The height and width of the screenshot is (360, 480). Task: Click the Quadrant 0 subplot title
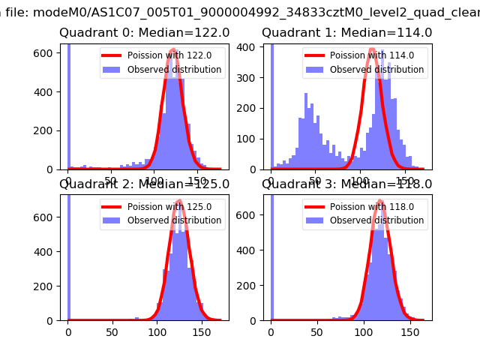click(145, 33)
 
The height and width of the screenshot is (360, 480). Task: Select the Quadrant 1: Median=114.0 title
click(346, 33)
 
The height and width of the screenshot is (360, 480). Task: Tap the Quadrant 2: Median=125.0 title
click(145, 184)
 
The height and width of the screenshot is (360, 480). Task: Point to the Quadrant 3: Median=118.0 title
click(346, 184)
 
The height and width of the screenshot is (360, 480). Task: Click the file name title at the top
click(240, 10)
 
